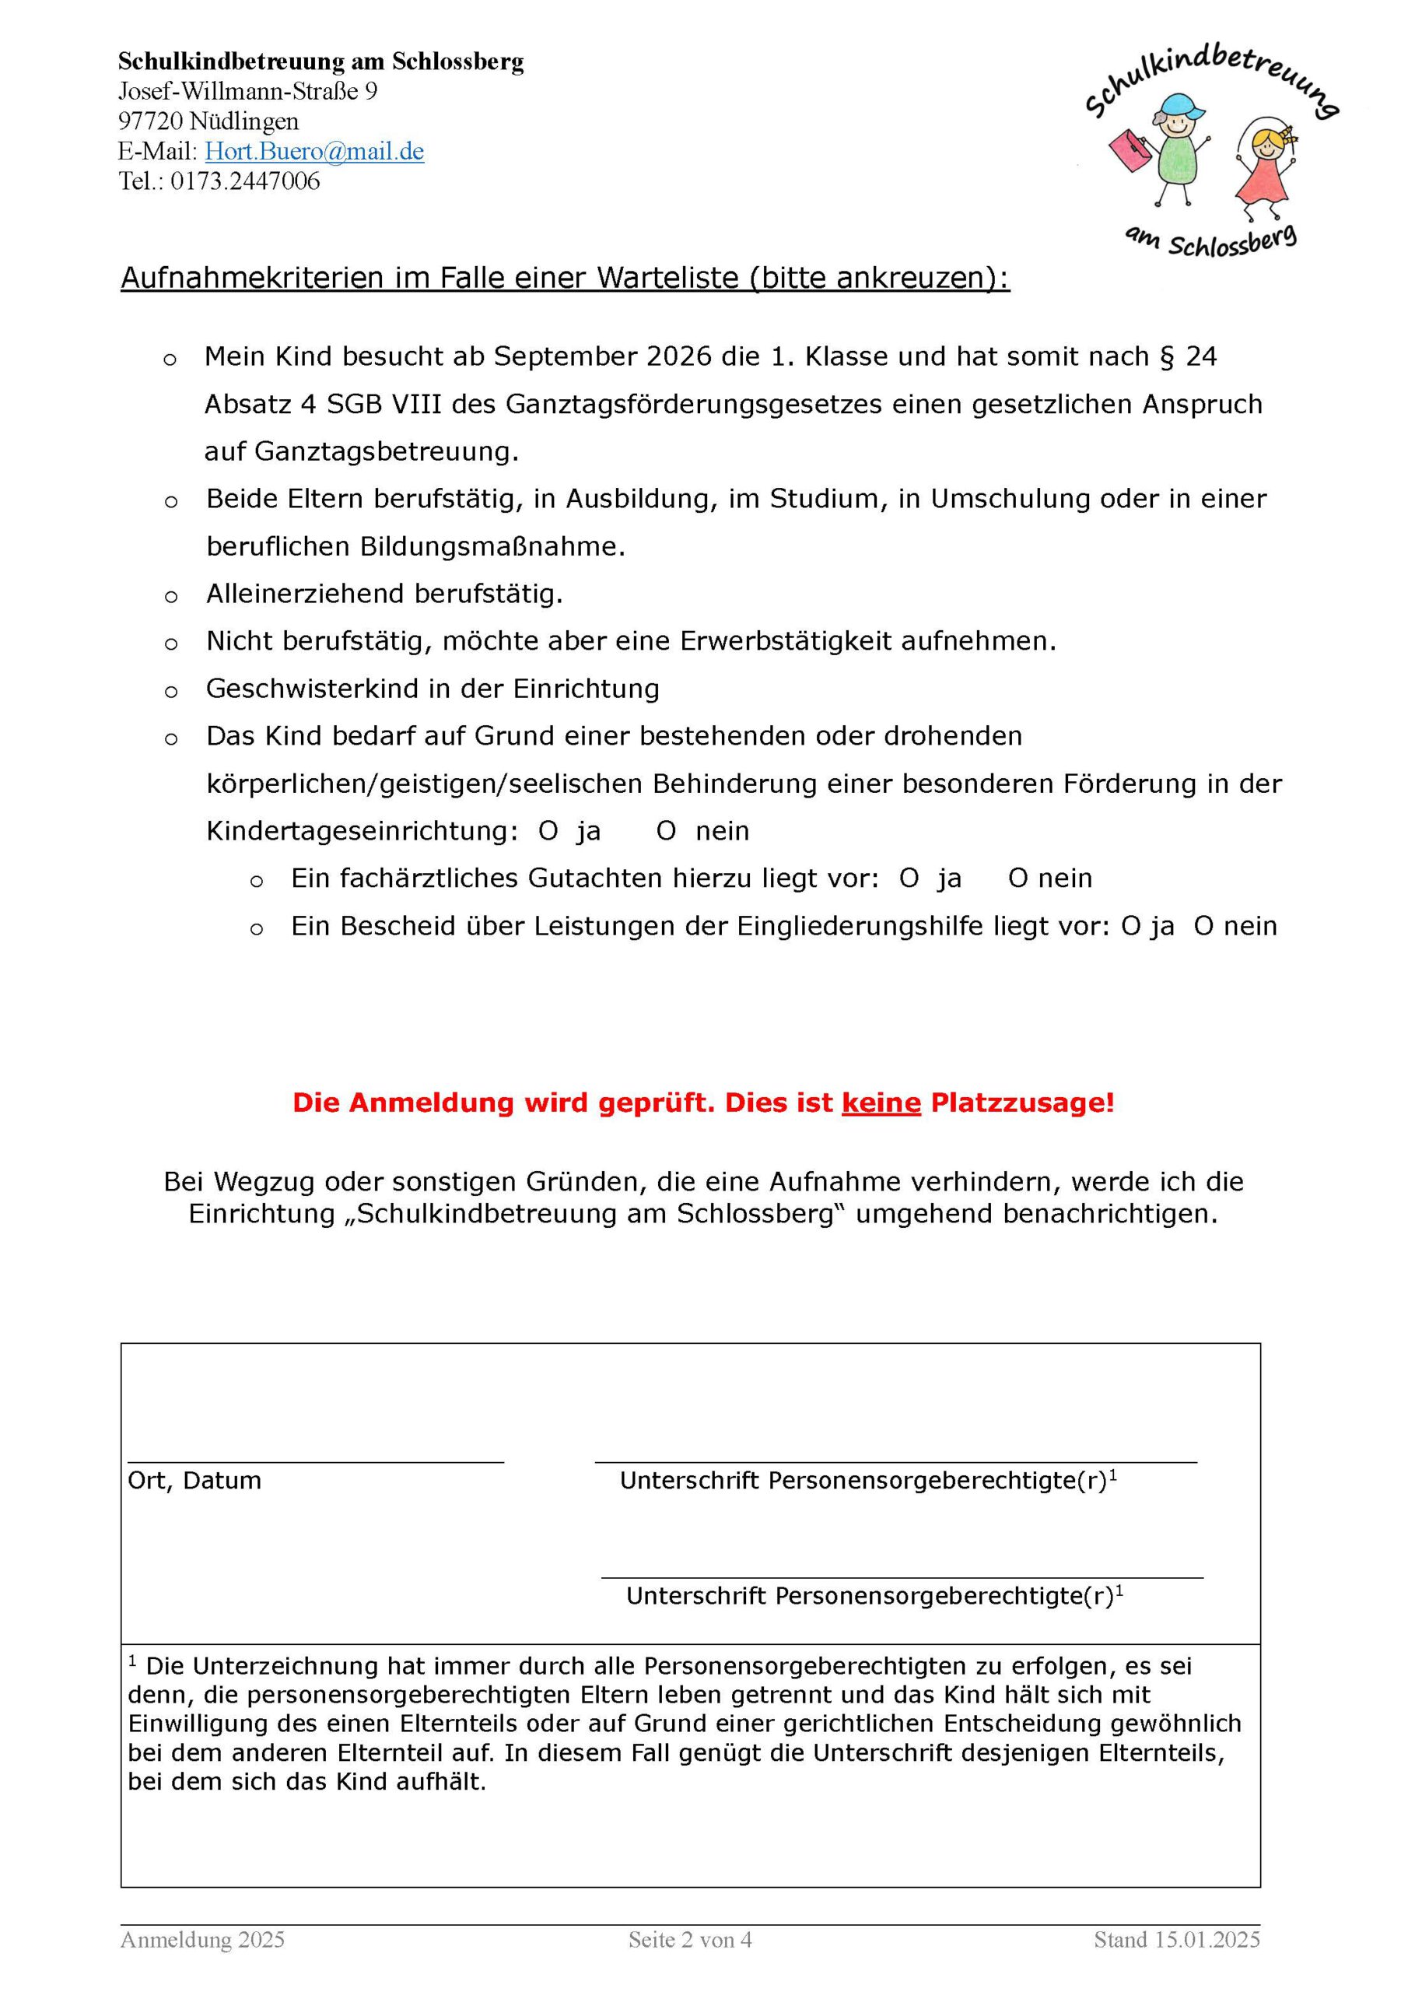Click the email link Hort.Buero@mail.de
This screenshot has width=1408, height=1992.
pos(314,152)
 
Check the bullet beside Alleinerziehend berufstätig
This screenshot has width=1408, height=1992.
pos(171,597)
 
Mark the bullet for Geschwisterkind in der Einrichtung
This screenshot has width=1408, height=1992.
pos(171,692)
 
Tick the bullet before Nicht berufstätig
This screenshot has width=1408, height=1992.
pos(171,644)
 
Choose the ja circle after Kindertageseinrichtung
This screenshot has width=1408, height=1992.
pos(548,832)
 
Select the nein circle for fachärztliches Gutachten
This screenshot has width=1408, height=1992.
pos(1017,879)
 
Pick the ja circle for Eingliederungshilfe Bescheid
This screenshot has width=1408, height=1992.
pos(1130,927)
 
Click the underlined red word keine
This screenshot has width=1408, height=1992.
pos(881,1103)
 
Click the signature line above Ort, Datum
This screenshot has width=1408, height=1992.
pos(315,1462)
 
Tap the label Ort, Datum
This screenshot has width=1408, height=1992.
pos(194,1481)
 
